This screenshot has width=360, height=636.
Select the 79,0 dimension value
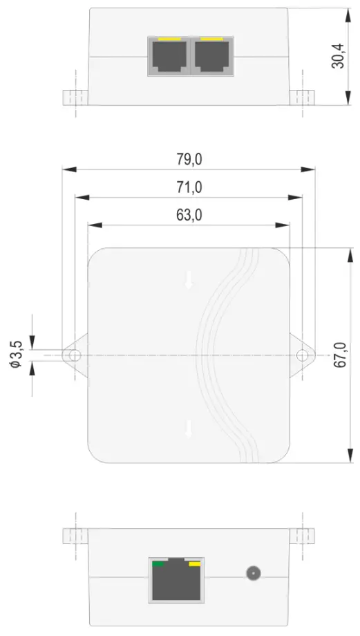point(188,159)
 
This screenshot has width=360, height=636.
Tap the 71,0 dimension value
point(188,187)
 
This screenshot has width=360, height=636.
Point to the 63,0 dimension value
point(188,216)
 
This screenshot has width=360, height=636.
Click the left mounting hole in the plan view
point(72,355)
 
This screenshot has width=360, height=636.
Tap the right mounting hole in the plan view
point(303,355)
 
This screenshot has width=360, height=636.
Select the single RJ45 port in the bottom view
point(176,581)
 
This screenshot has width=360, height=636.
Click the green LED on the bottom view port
point(159,564)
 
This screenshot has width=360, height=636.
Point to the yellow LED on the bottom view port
point(195,564)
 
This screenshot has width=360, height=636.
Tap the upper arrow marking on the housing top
point(188,280)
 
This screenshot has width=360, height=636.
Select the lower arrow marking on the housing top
point(188,429)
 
